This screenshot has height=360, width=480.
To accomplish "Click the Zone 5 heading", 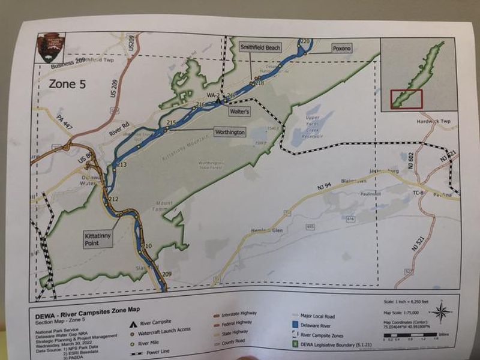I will click(67, 84).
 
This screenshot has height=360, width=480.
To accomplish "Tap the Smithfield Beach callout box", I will click(260, 47).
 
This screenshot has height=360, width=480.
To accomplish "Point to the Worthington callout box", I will click(230, 131).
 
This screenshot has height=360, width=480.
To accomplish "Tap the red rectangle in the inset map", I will click(407, 98).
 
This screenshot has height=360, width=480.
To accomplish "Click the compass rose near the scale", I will click(442, 311).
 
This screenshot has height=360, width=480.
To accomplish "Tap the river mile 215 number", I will click(171, 123).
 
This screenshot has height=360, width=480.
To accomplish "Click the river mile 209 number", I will click(167, 274).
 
